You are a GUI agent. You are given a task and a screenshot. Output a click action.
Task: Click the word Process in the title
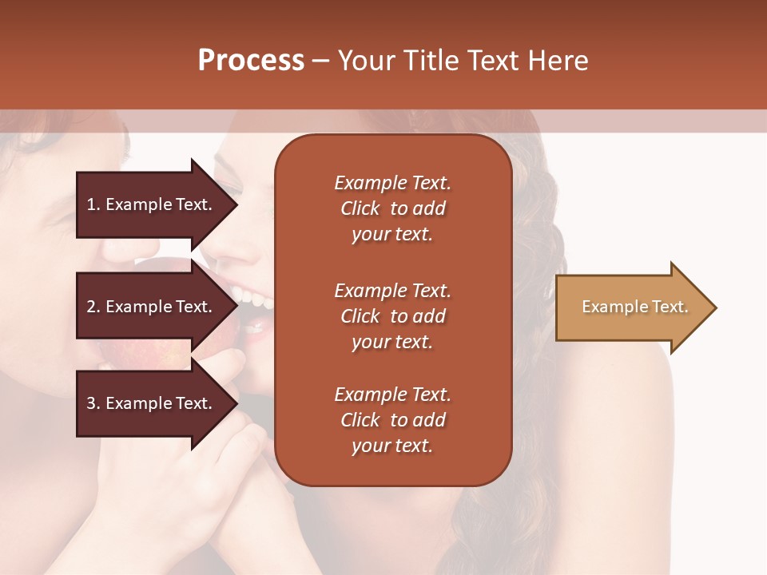point(251,61)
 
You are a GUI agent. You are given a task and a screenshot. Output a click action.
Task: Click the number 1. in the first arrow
point(93,204)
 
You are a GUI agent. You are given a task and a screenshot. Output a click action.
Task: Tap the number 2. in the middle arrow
point(93,307)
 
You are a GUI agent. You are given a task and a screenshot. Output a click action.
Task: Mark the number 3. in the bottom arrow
point(93,403)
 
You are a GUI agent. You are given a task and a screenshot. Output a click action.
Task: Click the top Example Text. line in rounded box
point(392,183)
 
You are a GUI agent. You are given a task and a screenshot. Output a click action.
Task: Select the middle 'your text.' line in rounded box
point(391,342)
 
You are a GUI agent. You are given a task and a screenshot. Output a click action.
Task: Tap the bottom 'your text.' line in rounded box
point(391,446)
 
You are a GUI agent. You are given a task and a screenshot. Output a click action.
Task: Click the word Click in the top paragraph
point(360,208)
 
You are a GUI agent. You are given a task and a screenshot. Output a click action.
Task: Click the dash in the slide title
point(321,61)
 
